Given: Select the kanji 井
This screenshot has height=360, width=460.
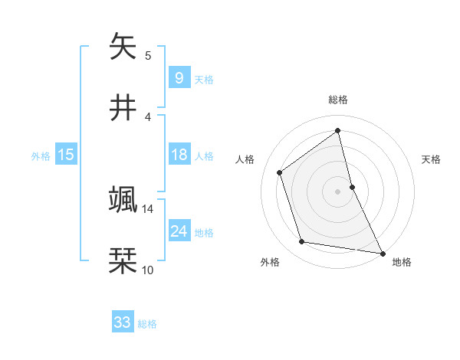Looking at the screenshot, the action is tap(123, 108).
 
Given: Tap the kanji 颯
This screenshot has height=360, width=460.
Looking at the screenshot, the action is tap(123, 200).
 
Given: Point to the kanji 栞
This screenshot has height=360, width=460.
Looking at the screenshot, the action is tap(123, 261).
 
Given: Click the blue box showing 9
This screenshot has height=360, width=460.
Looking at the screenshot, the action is tap(179, 77).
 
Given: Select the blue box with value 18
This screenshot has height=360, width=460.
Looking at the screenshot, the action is tap(179, 155).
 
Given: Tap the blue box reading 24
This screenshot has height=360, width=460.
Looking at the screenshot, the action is tap(179, 231).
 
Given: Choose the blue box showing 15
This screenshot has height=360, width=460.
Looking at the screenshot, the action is tap(66, 155).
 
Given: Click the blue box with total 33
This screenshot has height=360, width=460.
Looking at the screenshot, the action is tap(123, 322).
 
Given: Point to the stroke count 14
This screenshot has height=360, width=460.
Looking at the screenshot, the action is tap(148, 208).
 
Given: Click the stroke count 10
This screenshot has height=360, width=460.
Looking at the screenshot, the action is tap(148, 270).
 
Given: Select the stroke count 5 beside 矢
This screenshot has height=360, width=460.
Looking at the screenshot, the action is tap(148, 55).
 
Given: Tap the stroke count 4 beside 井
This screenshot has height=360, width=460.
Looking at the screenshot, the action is tap(148, 116).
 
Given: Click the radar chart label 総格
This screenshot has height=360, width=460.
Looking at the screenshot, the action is tap(338, 100).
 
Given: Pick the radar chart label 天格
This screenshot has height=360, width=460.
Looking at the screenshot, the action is tap(431, 159).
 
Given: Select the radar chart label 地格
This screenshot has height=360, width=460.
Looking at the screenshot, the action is tap(402, 262).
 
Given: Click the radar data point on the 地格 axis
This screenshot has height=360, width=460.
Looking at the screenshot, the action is tap(382, 252).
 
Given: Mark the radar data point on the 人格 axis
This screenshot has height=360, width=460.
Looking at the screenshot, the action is tap(280, 172).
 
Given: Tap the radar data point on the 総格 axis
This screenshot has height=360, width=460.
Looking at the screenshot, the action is tap(338, 130).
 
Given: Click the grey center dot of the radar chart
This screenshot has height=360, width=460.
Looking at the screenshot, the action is tap(338, 191).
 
